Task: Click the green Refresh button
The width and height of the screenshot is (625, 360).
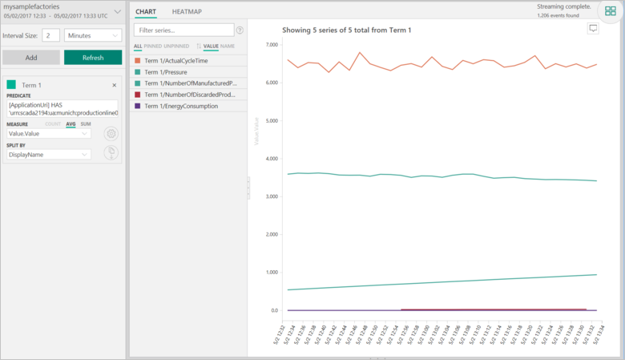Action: click(x=93, y=58)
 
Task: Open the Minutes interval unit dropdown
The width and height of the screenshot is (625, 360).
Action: click(x=92, y=35)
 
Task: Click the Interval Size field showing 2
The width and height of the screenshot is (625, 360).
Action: click(x=50, y=35)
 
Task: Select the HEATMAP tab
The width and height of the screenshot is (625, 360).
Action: click(x=187, y=11)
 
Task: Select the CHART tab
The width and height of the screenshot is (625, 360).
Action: click(x=146, y=11)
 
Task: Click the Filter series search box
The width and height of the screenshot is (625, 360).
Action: click(x=183, y=30)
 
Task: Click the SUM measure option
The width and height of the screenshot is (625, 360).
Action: click(x=86, y=124)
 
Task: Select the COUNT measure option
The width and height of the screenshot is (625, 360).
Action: click(x=52, y=124)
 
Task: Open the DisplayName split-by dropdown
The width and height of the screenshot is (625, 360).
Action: click(x=49, y=154)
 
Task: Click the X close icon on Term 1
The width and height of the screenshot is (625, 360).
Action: click(x=114, y=85)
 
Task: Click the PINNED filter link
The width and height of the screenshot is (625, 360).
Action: click(x=152, y=47)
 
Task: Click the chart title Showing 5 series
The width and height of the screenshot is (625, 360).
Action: click(x=347, y=30)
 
